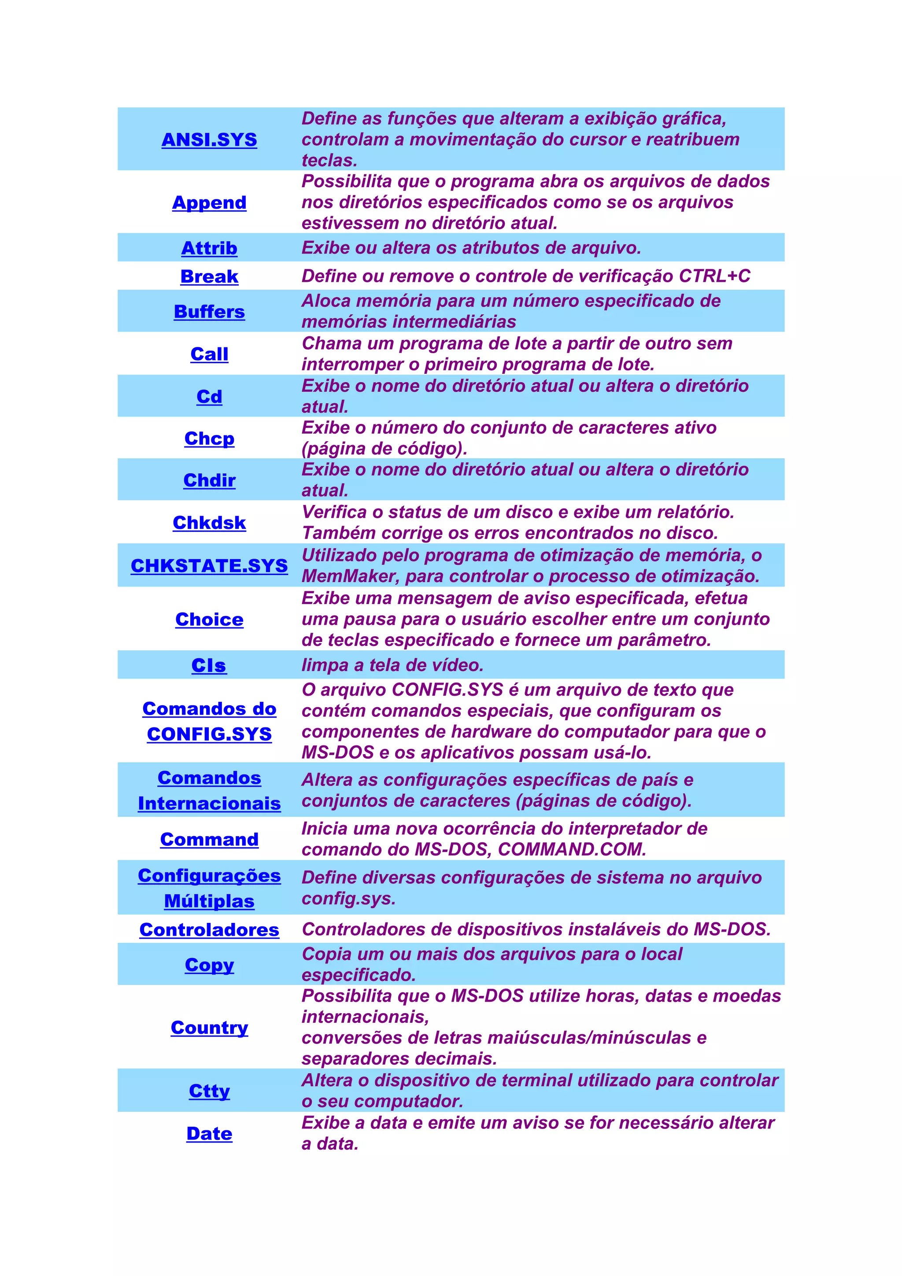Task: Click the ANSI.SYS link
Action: [x=209, y=140]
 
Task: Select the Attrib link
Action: [x=209, y=248]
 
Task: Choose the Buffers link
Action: [x=209, y=311]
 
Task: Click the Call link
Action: [x=209, y=354]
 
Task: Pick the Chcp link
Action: [x=209, y=439]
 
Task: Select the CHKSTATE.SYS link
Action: [x=209, y=565]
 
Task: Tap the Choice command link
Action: [x=209, y=619]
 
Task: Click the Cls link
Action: [x=209, y=665]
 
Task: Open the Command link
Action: [x=209, y=839]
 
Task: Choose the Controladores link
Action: [x=209, y=930]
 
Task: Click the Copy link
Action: [x=209, y=965]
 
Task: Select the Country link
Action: [x=209, y=1028]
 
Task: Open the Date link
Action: [x=209, y=1133]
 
